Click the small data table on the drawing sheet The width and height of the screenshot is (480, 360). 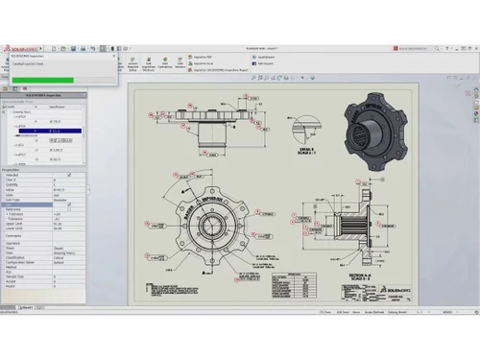tap(285, 285)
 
